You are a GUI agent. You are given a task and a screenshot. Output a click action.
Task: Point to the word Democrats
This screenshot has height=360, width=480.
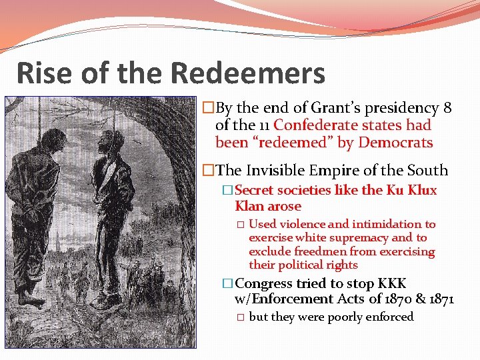(x=396, y=143)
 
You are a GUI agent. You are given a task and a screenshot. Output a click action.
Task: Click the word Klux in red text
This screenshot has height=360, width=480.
(x=422, y=191)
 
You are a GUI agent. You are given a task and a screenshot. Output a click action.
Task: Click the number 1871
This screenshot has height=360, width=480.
(x=438, y=299)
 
